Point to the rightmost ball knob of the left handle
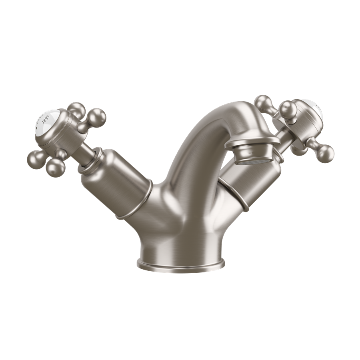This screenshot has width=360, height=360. (x=97, y=116)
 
